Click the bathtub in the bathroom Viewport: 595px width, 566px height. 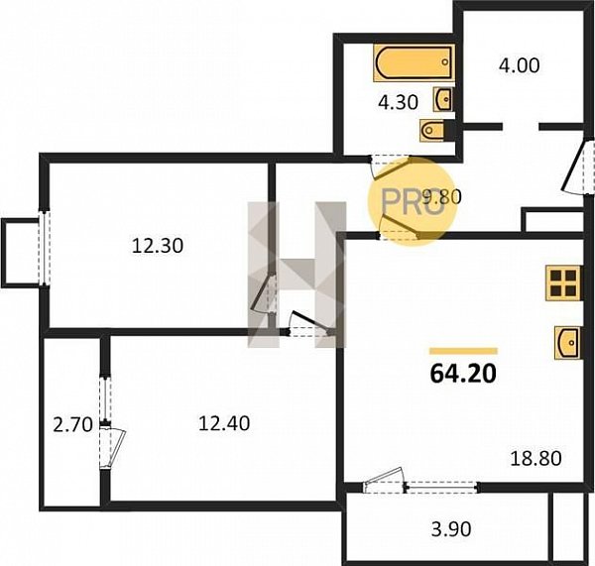point(414,63)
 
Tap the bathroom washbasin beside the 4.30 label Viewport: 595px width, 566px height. point(443,99)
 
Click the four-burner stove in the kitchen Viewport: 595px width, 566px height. point(563,283)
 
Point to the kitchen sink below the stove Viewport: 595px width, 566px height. point(567,343)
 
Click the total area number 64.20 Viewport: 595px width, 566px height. point(463,374)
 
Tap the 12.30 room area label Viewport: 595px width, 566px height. point(158,246)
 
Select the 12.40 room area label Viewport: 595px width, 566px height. point(224,423)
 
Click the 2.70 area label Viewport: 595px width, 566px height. point(72,424)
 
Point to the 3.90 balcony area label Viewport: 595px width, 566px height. point(451,528)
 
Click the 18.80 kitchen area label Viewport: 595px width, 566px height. point(535,458)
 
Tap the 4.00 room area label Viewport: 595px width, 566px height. point(519,65)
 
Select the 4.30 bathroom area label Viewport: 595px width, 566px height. point(399,102)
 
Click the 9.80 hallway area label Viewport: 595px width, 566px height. point(441,197)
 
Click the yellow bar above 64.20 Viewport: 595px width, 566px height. point(463,351)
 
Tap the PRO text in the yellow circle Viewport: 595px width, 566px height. point(411,201)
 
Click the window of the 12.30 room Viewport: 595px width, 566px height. point(45,249)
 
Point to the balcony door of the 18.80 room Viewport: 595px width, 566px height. point(384,481)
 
